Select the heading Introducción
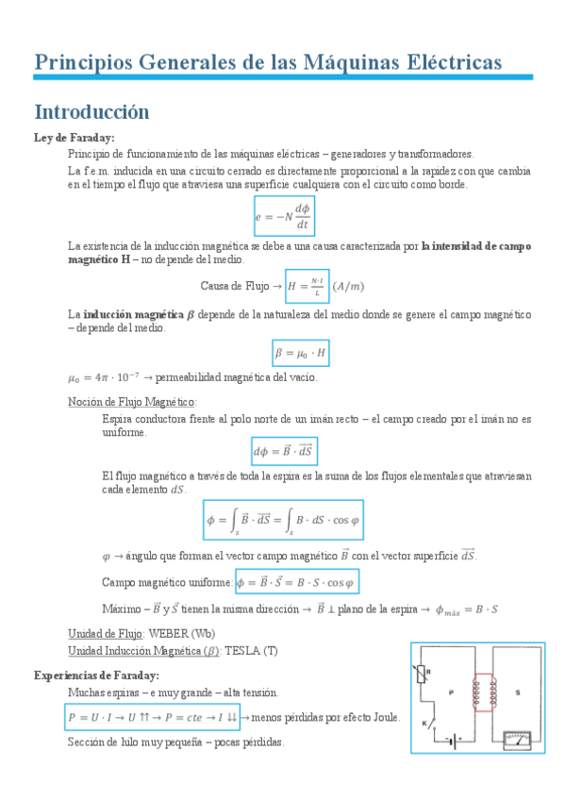(x=91, y=111)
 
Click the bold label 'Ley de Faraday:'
(x=74, y=138)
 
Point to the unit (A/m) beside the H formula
(x=351, y=286)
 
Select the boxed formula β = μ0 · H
(x=300, y=353)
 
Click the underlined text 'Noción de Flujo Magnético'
(x=132, y=401)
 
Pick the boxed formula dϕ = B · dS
(x=284, y=450)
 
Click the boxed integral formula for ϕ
(x=283, y=519)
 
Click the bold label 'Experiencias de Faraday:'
(x=96, y=675)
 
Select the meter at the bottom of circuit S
(x=517, y=739)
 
